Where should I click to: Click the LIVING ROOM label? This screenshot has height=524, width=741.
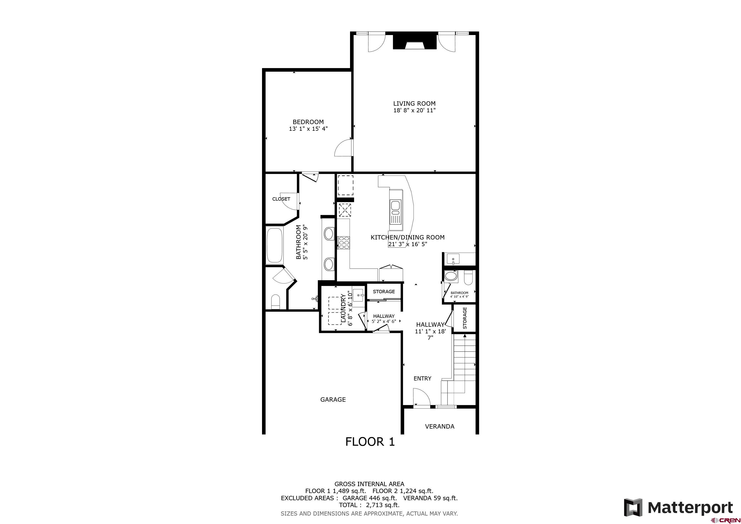click(414, 104)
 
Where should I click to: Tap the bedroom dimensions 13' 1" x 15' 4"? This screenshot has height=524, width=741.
click(308, 129)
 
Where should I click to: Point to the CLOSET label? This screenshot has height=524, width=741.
click(281, 199)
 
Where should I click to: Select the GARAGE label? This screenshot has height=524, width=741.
click(333, 399)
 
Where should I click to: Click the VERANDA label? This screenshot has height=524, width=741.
click(440, 427)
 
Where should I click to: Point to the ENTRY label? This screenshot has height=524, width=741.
click(422, 378)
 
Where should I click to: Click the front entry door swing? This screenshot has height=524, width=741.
click(421, 397)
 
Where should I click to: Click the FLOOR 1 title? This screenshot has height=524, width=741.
click(370, 442)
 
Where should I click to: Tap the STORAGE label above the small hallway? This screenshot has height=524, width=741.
click(384, 292)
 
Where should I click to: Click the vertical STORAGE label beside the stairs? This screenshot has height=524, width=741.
click(465, 318)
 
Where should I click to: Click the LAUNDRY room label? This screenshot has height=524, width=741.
click(343, 308)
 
